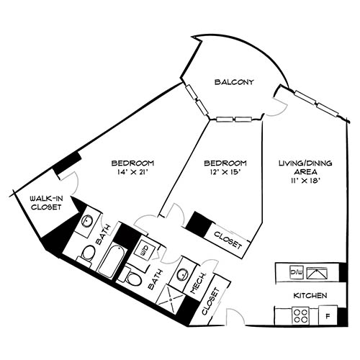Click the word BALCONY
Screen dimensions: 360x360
(234, 83)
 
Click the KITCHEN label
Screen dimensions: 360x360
(311, 296)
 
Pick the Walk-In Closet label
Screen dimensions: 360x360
(45, 203)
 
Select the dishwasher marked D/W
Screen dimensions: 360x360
(295, 272)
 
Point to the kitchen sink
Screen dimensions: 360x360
(316, 272)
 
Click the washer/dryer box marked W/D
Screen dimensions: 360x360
(146, 250)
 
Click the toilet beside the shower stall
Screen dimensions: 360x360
(132, 276)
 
